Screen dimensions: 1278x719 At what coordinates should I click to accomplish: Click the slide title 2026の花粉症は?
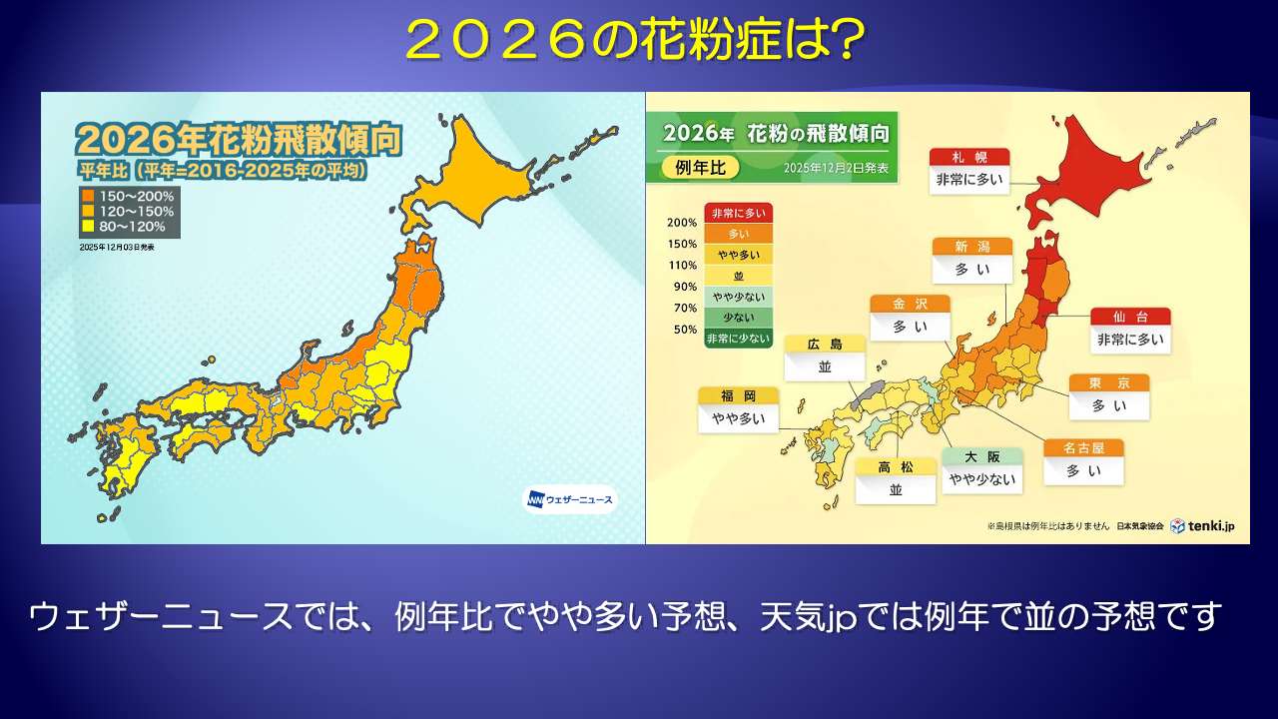pos(635,39)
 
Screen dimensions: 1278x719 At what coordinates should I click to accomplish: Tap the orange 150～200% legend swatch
pos(88,196)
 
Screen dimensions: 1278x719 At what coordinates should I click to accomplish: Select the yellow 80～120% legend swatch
pos(88,226)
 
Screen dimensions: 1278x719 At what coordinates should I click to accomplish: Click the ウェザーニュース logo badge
pos(570,500)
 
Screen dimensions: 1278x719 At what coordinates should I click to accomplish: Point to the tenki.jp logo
pos(1202,525)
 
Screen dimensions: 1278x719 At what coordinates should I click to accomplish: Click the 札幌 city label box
pos(969,171)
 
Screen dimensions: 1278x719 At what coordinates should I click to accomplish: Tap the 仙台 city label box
pos(1130,331)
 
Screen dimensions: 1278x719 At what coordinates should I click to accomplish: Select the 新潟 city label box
pos(972,261)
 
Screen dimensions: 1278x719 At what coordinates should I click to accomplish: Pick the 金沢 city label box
pos(910,318)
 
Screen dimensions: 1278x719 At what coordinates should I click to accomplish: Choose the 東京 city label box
pos(1109,397)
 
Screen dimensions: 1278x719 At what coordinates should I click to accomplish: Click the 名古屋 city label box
pos(1084,462)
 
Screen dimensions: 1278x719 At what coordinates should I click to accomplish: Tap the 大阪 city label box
pos(981,470)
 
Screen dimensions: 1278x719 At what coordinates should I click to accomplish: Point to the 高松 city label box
pos(896,481)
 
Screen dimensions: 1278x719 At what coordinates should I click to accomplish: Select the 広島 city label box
pos(825,359)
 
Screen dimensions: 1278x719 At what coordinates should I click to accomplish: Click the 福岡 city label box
pos(738,410)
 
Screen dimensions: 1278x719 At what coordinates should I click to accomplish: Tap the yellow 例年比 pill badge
pos(700,167)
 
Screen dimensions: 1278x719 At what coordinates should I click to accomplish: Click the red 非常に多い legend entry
pos(738,213)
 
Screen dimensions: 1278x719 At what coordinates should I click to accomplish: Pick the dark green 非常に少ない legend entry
pos(738,339)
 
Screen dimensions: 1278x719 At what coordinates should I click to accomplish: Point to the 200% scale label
pos(682,223)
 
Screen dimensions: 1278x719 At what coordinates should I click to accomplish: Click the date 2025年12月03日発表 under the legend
pos(117,247)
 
